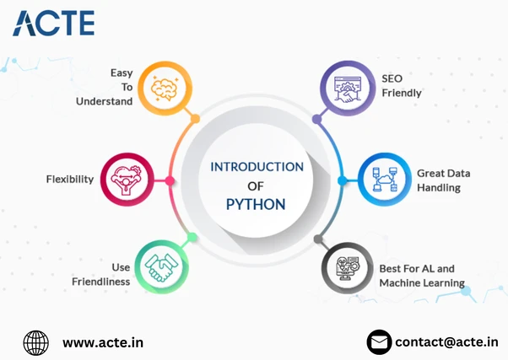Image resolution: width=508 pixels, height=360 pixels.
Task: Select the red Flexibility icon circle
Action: pos(128,180)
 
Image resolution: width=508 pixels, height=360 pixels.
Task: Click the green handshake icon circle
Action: pos(161,267)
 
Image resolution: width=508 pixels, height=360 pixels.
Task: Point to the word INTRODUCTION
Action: pos(256,166)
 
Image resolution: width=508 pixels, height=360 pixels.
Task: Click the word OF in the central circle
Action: pos(256,185)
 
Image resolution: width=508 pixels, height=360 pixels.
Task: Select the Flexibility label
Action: pos(69,180)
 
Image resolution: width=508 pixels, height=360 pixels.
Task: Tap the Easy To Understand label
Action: pos(122,88)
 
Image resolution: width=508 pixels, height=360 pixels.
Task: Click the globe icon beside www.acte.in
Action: pos(36,342)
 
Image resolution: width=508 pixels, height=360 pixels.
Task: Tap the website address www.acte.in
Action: pos(103,342)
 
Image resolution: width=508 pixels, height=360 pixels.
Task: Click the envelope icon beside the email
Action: pos(380,342)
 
